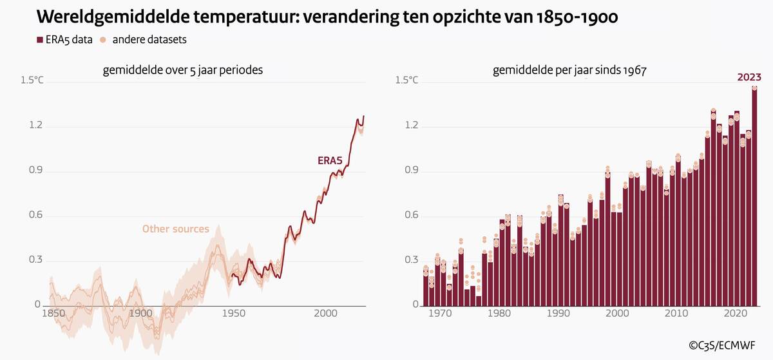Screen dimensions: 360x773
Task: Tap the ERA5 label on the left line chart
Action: click(329, 161)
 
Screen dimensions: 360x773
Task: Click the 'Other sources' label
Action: click(175, 229)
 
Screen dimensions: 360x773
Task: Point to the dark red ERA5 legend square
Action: click(40, 40)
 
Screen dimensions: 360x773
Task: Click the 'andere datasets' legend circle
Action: click(103, 40)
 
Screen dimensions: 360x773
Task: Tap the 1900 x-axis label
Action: click(140, 314)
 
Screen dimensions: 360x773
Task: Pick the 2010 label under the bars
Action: click(676, 314)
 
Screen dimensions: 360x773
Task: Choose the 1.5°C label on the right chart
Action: click(406, 81)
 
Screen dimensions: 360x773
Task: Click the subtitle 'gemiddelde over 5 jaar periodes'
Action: click(183, 71)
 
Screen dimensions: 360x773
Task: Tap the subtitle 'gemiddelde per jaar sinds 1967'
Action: click(569, 71)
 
